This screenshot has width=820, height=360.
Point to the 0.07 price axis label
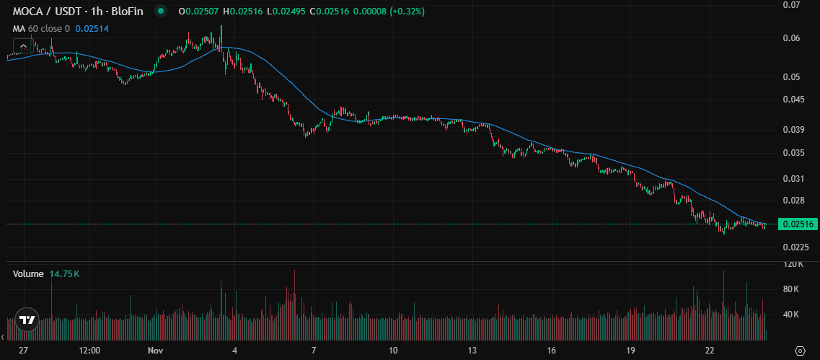coord(791,5)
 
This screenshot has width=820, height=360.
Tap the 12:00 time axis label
coord(89,351)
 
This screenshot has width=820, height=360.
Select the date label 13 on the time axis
coord(472,351)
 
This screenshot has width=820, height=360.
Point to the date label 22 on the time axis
coord(710,351)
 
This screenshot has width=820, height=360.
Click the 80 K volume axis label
coord(792,289)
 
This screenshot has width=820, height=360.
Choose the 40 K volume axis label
coord(792,315)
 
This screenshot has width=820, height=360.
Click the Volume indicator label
coord(28,274)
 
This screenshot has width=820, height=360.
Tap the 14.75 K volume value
coord(65,274)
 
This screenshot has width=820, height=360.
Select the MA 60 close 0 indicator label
coord(41,29)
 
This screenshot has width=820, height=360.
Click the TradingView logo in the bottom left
coord(27,320)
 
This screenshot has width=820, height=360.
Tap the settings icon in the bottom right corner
coord(799,351)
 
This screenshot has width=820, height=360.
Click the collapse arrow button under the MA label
coord(23,45)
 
